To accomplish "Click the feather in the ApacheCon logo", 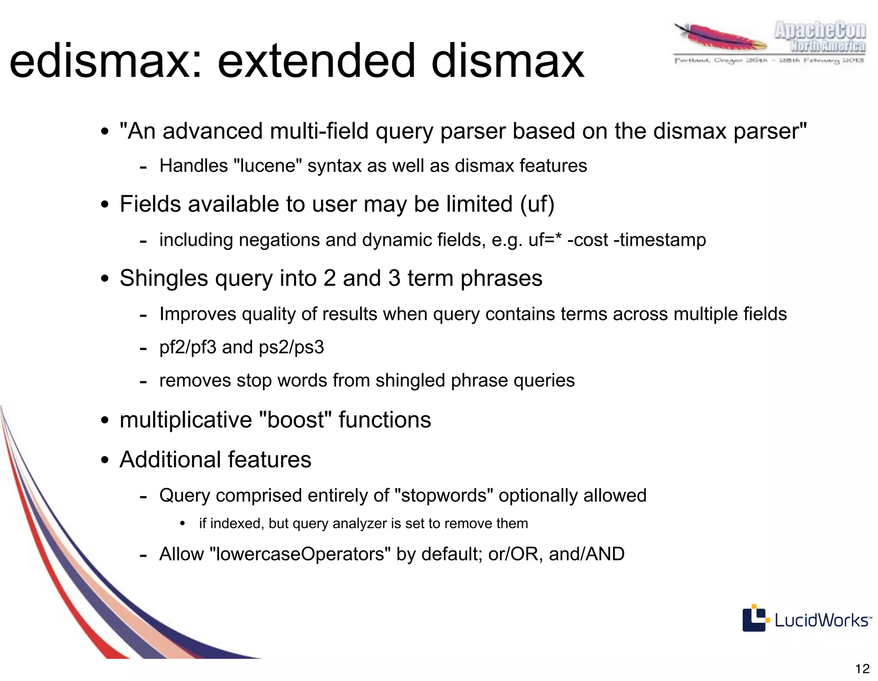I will point(720,39).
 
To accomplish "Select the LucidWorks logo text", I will point(821,620).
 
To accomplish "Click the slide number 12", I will point(862,668).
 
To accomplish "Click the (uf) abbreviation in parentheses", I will point(537,204).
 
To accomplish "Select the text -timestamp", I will point(660,240).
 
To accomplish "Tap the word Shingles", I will point(164,278).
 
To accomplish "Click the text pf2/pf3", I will point(188,347).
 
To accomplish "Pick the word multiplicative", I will point(186,419).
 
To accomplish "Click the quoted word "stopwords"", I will point(444,496).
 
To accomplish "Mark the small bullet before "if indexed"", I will point(183,524).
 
